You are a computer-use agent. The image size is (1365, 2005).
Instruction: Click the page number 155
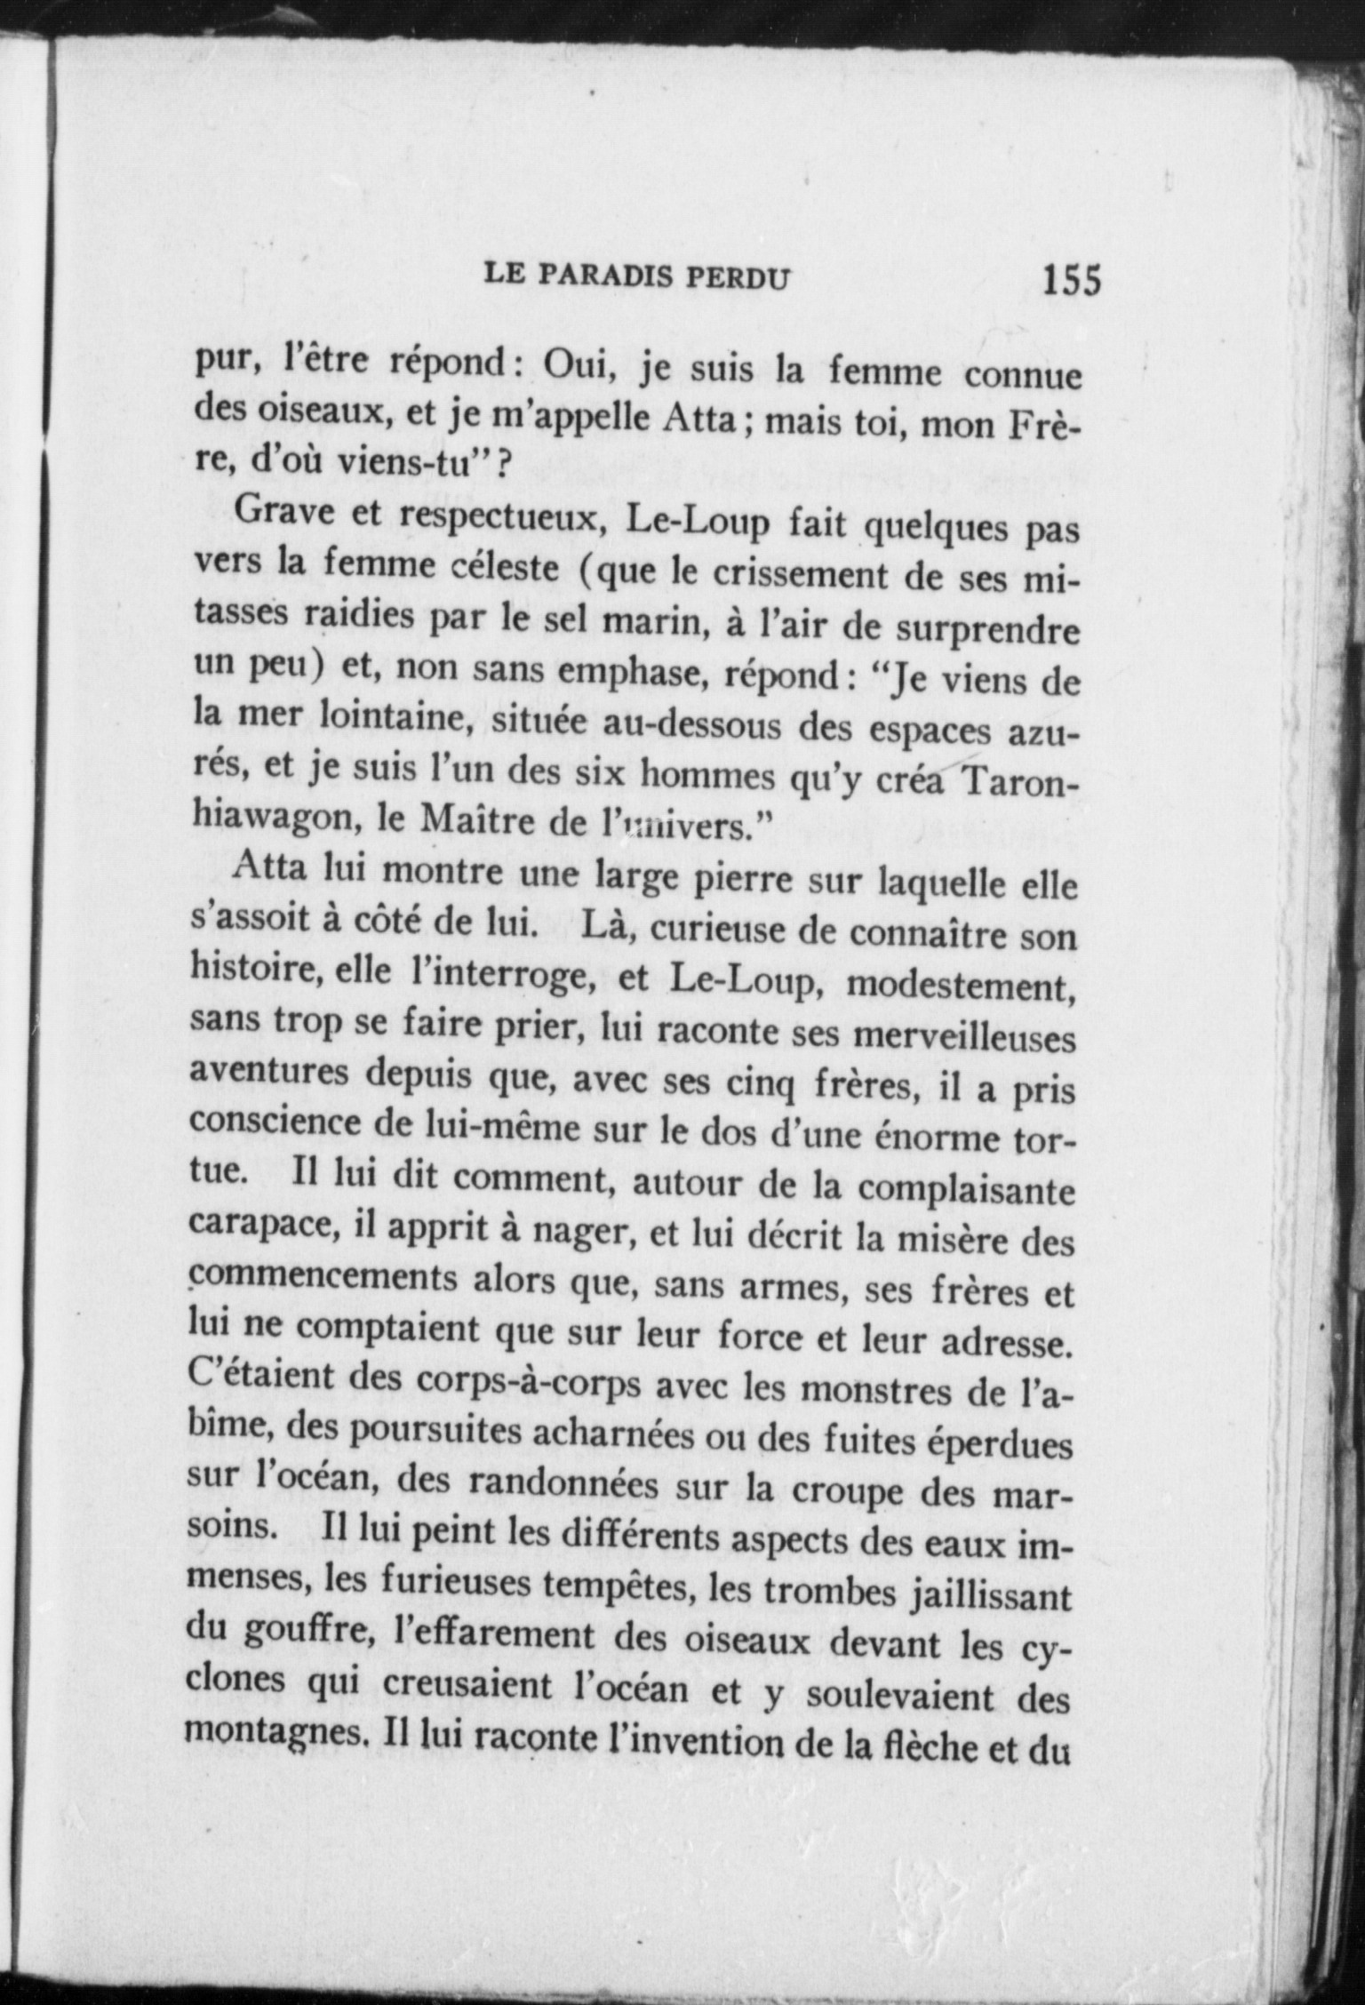[x=1072, y=279]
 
